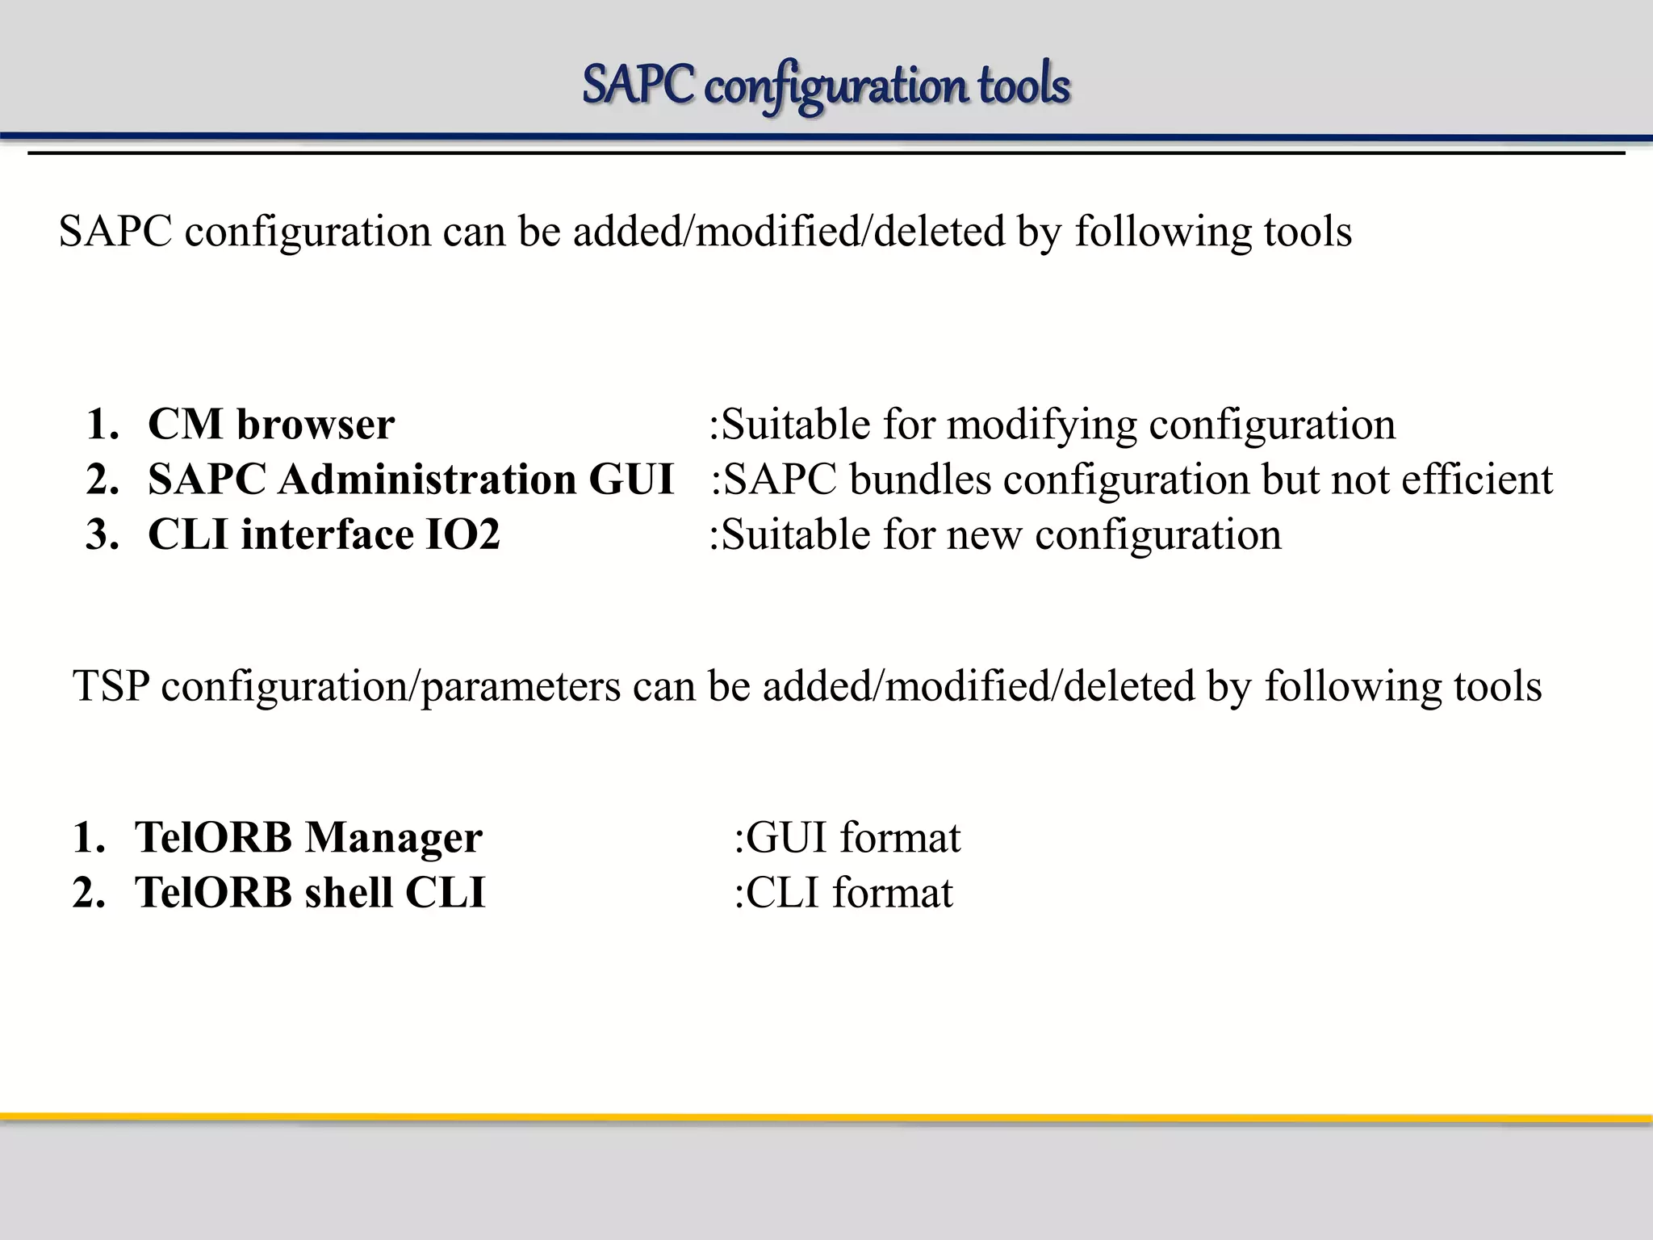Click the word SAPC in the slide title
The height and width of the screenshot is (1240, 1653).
coord(637,86)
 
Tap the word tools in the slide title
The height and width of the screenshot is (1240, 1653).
coord(1024,86)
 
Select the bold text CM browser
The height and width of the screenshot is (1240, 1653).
coord(271,425)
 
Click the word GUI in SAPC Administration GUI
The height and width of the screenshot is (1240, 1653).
coord(630,480)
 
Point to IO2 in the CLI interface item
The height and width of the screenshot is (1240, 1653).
coord(462,534)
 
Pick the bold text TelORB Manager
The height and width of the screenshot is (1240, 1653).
coord(308,837)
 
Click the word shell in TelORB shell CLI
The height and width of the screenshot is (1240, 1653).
coord(349,892)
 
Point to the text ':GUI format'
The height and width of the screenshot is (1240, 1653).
coord(847,837)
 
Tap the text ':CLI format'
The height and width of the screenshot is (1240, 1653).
coord(843,892)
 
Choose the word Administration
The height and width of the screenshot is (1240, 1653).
coord(427,480)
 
